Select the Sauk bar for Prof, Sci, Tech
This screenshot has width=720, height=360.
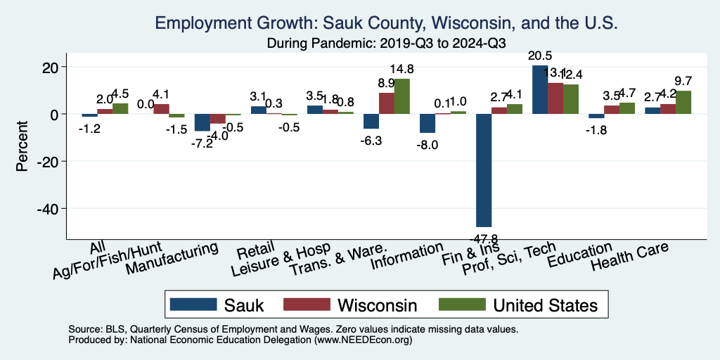pos(540,89)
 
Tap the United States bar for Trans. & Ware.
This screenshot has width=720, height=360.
pos(401,96)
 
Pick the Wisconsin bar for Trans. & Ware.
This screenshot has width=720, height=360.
pos(387,103)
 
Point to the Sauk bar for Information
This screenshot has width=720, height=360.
pos(427,123)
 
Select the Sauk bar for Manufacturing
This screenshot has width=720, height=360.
pos(202,122)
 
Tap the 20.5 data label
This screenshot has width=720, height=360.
pos(540,56)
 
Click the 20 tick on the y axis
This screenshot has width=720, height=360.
pos(53,67)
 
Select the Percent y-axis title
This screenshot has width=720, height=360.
pos(22,138)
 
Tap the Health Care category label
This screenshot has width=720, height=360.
pos(629,258)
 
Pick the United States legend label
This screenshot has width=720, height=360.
pos(545,304)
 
